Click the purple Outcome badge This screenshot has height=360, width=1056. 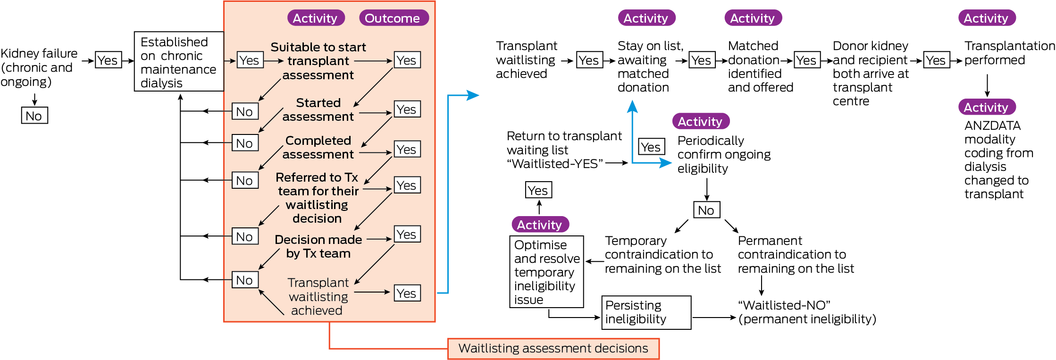pos(393,18)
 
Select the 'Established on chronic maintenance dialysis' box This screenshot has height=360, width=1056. pos(179,62)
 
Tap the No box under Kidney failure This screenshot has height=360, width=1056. pos(34,116)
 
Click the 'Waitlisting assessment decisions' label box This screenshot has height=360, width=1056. pos(553,349)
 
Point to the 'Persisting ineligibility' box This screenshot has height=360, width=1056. pos(646,312)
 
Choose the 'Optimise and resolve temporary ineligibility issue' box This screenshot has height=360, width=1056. pos(546,272)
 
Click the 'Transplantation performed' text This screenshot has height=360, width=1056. pos(1009,53)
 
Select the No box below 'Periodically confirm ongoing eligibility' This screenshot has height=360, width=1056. pos(706,210)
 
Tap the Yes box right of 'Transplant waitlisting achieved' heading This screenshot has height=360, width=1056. pos(589,60)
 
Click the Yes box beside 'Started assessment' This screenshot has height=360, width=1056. pos(407,109)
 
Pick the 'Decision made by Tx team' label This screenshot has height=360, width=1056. pos(318,246)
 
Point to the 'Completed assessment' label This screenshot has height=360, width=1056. pos(318,147)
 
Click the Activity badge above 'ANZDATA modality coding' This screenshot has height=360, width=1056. pos(987,108)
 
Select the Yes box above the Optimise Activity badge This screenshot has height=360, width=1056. pos(538,190)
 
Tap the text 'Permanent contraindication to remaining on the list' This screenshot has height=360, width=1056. pos(796,255)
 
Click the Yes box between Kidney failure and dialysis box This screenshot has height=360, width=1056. pos(108,60)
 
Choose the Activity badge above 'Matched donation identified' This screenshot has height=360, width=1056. pos(753,18)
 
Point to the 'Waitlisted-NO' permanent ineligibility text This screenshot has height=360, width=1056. pos(807,312)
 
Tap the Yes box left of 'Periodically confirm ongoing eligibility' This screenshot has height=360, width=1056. pos(651,147)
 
